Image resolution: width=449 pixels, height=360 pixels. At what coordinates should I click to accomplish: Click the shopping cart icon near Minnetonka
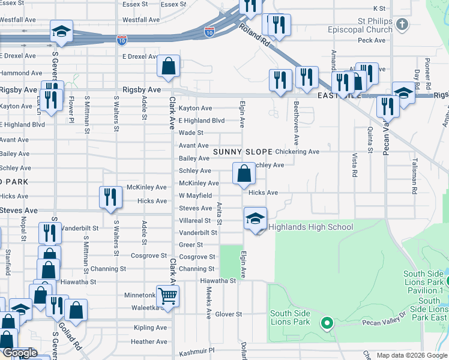167,295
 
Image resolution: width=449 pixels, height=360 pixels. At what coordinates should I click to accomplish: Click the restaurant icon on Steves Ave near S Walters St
110,198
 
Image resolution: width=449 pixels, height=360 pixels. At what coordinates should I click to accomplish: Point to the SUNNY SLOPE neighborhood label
243,152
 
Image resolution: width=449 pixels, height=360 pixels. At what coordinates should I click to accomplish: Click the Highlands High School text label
310,227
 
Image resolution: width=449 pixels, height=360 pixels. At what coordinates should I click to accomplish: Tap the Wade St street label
191,133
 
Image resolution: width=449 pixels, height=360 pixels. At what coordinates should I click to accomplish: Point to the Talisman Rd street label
414,176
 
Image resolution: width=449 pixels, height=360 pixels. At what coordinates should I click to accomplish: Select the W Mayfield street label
195,196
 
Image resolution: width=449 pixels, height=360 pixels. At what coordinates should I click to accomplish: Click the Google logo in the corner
19,353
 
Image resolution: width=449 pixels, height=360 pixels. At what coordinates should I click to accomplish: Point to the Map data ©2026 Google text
411,355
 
